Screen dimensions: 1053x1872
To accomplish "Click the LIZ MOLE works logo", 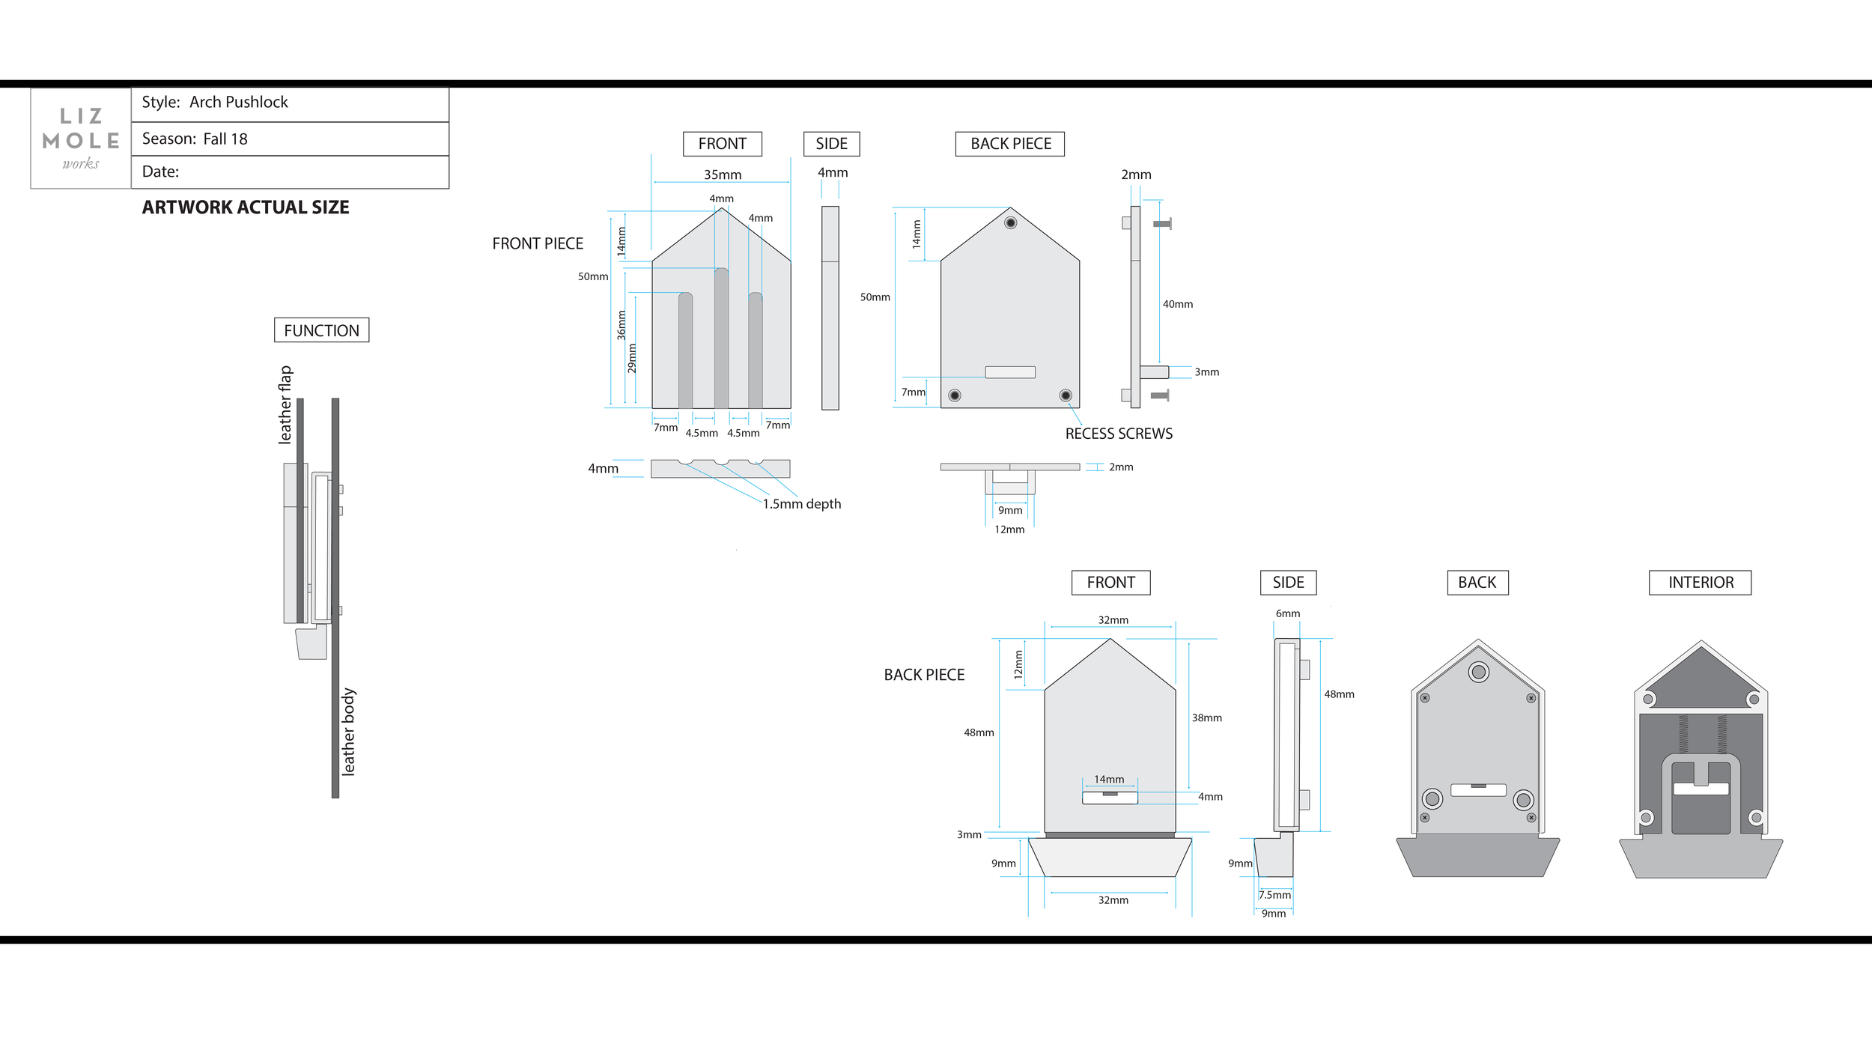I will coord(81,139).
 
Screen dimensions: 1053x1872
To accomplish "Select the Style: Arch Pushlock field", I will coord(215,103).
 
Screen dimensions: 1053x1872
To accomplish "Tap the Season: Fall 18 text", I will coord(195,139).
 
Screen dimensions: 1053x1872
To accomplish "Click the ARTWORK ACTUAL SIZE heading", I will coord(246,207).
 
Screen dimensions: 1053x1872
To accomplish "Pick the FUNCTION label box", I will coord(321,330).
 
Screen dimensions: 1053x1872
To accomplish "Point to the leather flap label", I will coord(285,404).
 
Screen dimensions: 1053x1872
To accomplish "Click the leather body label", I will coord(348,731).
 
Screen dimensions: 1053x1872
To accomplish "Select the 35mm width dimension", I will coord(722,175).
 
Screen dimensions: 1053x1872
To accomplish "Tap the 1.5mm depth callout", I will coord(801,504).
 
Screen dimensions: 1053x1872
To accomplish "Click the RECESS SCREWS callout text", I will coord(1118,434).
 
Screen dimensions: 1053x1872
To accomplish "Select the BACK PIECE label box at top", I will coord(1010,144).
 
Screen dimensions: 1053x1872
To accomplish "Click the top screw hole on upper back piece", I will coord(1010,223).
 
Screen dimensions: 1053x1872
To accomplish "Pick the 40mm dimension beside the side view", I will coord(1177,304).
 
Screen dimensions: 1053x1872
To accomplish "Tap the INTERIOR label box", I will coord(1700,583).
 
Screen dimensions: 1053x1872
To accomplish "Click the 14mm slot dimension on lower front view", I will coord(1109,780).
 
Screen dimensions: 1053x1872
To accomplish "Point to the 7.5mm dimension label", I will coord(1274,895).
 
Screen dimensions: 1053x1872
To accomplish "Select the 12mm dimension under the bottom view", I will coord(1009,529).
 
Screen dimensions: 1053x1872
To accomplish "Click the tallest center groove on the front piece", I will coord(721,337).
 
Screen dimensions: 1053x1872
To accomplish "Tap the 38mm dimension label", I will coord(1206,717).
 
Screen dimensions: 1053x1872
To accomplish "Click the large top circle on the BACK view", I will coord(1478,673).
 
